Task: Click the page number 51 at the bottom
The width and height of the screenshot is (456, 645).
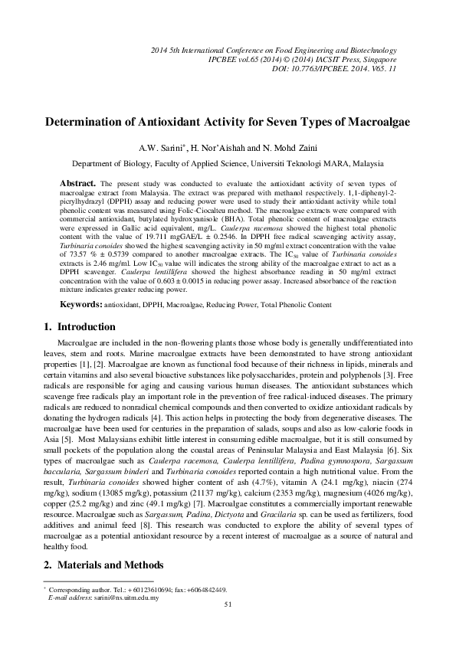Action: point(228,604)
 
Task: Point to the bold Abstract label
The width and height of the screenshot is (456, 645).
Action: point(77,184)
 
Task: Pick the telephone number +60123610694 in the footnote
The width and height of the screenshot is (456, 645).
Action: point(139,589)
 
